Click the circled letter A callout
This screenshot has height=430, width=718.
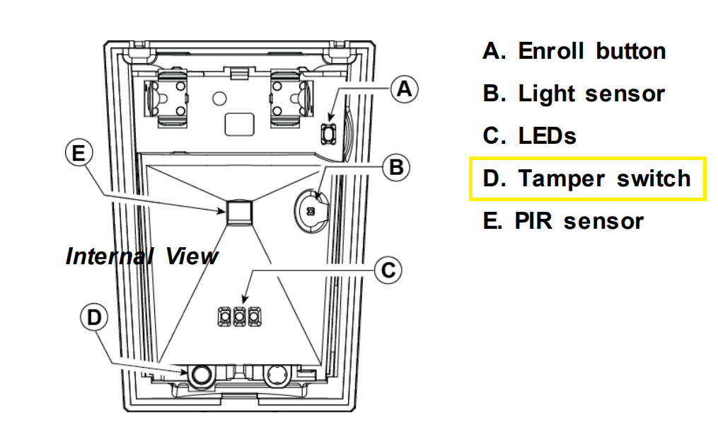[x=404, y=89]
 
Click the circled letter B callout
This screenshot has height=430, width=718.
[x=395, y=167]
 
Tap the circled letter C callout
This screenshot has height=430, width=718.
[x=387, y=269]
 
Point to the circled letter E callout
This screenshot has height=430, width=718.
[x=79, y=152]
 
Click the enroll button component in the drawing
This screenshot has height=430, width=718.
[x=328, y=132]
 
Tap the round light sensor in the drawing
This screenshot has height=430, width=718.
[x=311, y=209]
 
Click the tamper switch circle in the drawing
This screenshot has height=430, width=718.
[x=201, y=374]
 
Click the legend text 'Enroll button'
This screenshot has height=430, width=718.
[x=591, y=51]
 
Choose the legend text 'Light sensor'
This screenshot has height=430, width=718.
[x=591, y=94]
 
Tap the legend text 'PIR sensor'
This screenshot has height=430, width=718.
[x=580, y=220]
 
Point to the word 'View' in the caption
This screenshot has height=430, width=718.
[x=192, y=256]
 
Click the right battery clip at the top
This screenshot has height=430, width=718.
[x=291, y=98]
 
